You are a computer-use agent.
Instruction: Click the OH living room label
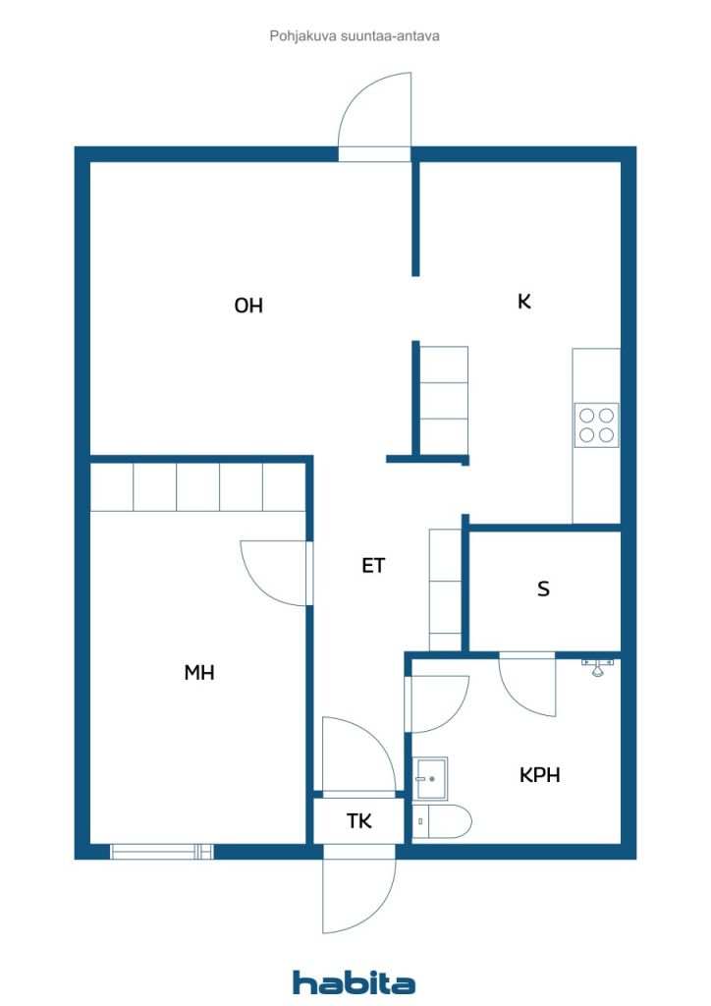point(248,306)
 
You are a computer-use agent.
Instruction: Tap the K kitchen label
point(523,302)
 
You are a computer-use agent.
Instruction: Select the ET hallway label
point(373,565)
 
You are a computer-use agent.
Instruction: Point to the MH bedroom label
point(198,672)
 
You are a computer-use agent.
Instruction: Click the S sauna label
point(543,588)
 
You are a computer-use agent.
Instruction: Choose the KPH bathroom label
point(539,774)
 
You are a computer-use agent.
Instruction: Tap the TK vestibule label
point(358,820)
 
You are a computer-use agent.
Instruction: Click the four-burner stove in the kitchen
point(596,425)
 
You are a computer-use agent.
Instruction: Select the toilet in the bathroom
point(441,821)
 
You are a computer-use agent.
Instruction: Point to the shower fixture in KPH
point(597,666)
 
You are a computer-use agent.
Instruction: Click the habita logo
point(354,981)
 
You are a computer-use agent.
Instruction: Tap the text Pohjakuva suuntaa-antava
point(355,36)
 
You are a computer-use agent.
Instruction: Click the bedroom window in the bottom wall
point(162,852)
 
